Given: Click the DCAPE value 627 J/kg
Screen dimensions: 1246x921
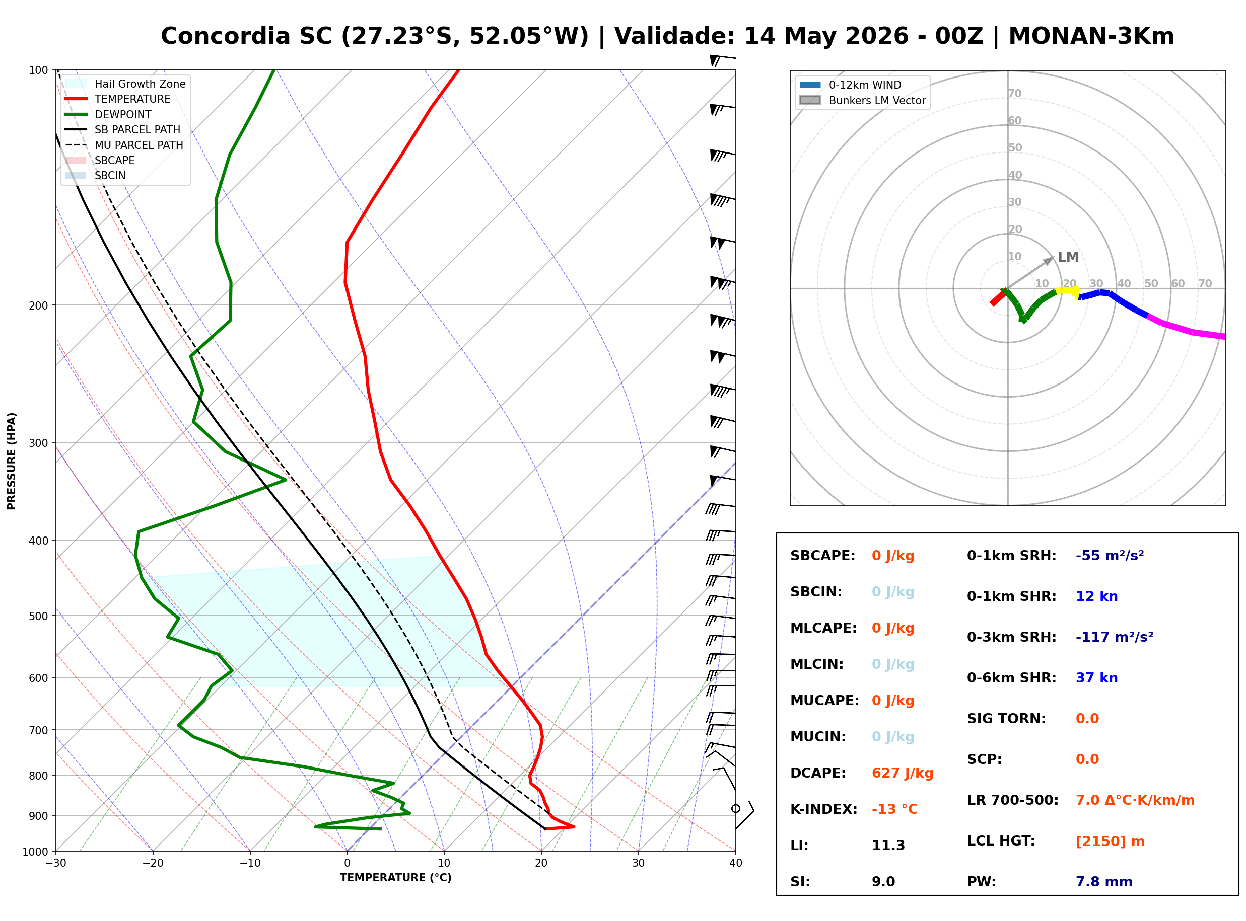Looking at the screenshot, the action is click(x=902, y=773).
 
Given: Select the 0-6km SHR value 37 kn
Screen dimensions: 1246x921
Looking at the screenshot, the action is click(x=1096, y=677).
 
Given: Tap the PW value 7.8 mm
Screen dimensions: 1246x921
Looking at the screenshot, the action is click(x=1104, y=881).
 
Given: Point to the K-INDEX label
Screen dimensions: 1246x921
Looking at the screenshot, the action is click(x=824, y=809).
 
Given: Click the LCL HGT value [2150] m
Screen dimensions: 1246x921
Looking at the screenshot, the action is click(x=1110, y=841).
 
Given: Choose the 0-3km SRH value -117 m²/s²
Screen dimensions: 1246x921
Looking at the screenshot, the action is click(x=1115, y=637).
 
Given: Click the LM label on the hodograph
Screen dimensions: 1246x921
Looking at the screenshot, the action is click(x=1068, y=257).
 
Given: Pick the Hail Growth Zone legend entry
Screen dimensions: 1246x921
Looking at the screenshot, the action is click(x=125, y=84).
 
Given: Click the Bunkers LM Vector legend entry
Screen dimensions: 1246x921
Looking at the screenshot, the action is click(x=862, y=100).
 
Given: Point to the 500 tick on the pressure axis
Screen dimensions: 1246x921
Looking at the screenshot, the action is click(x=38, y=616).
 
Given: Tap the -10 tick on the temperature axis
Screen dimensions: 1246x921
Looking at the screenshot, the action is click(x=250, y=863).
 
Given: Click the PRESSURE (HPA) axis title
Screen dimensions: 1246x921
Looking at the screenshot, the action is click(x=12, y=460).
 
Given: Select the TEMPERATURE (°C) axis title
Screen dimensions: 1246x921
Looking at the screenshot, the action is click(x=395, y=878).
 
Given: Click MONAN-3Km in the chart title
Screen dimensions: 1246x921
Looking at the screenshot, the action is click(x=1091, y=36).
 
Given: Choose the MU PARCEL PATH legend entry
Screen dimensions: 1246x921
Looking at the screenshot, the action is click(x=124, y=145).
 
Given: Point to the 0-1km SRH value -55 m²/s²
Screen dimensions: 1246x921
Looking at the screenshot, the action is click(x=1110, y=555).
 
